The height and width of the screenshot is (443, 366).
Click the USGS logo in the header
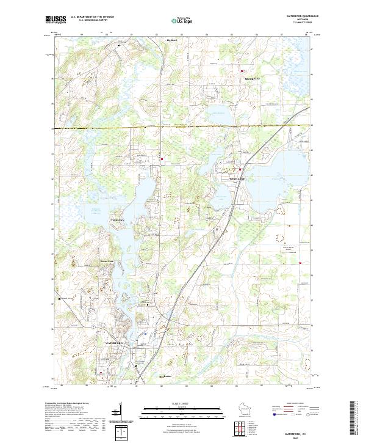(56, 20)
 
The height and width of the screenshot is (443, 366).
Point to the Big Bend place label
(172, 41)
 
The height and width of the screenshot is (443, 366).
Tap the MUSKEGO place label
(252, 79)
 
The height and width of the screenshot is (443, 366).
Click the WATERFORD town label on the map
(114, 343)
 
